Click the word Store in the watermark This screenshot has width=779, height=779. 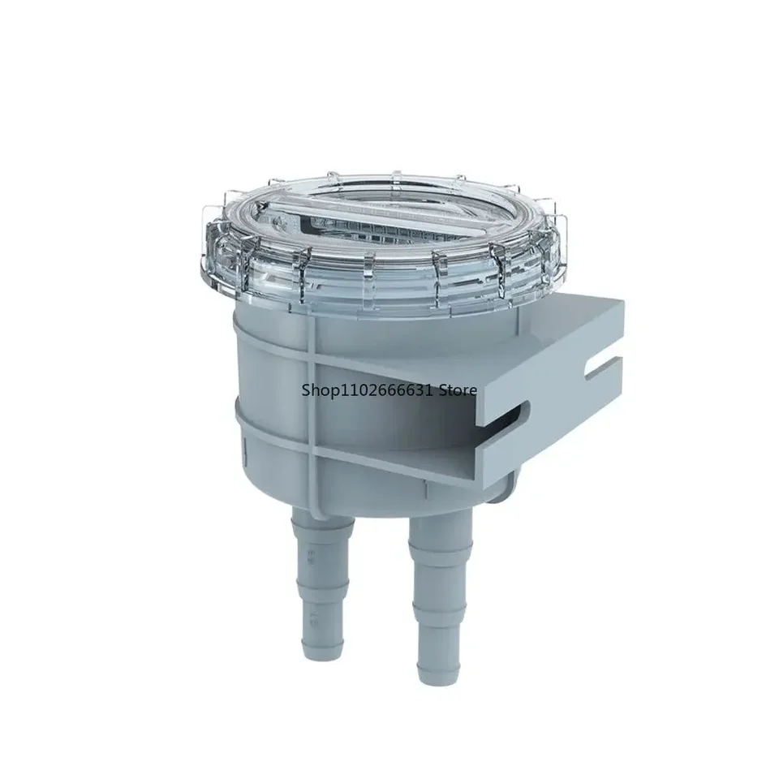coord(458,390)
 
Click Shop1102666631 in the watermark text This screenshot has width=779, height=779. coord(368,390)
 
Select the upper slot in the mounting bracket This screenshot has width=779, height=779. coord(604,368)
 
